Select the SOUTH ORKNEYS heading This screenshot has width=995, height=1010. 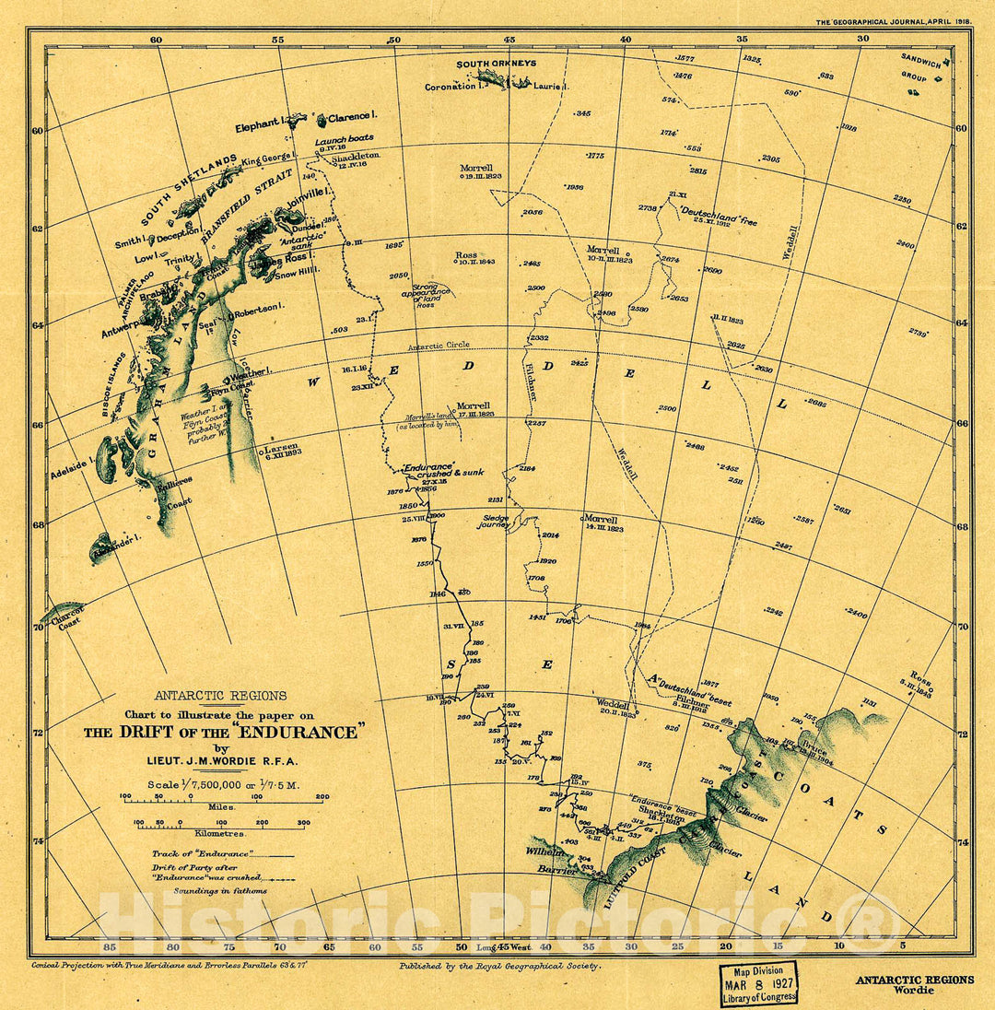[497, 64]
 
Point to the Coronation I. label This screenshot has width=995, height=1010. [454, 88]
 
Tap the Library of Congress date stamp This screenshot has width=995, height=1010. [758, 983]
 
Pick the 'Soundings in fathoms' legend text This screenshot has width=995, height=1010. [210, 891]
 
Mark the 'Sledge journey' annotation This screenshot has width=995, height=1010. [495, 522]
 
